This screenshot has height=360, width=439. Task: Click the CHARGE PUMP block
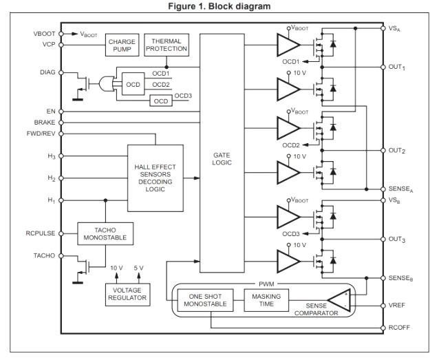(121, 45)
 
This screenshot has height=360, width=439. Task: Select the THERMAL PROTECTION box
(167, 45)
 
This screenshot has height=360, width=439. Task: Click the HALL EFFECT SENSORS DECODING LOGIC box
(156, 177)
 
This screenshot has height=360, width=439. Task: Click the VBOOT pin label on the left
(46, 32)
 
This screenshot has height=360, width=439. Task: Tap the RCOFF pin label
(400, 328)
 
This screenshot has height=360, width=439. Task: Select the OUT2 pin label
(399, 150)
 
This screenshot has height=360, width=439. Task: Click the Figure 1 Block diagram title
(219, 6)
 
